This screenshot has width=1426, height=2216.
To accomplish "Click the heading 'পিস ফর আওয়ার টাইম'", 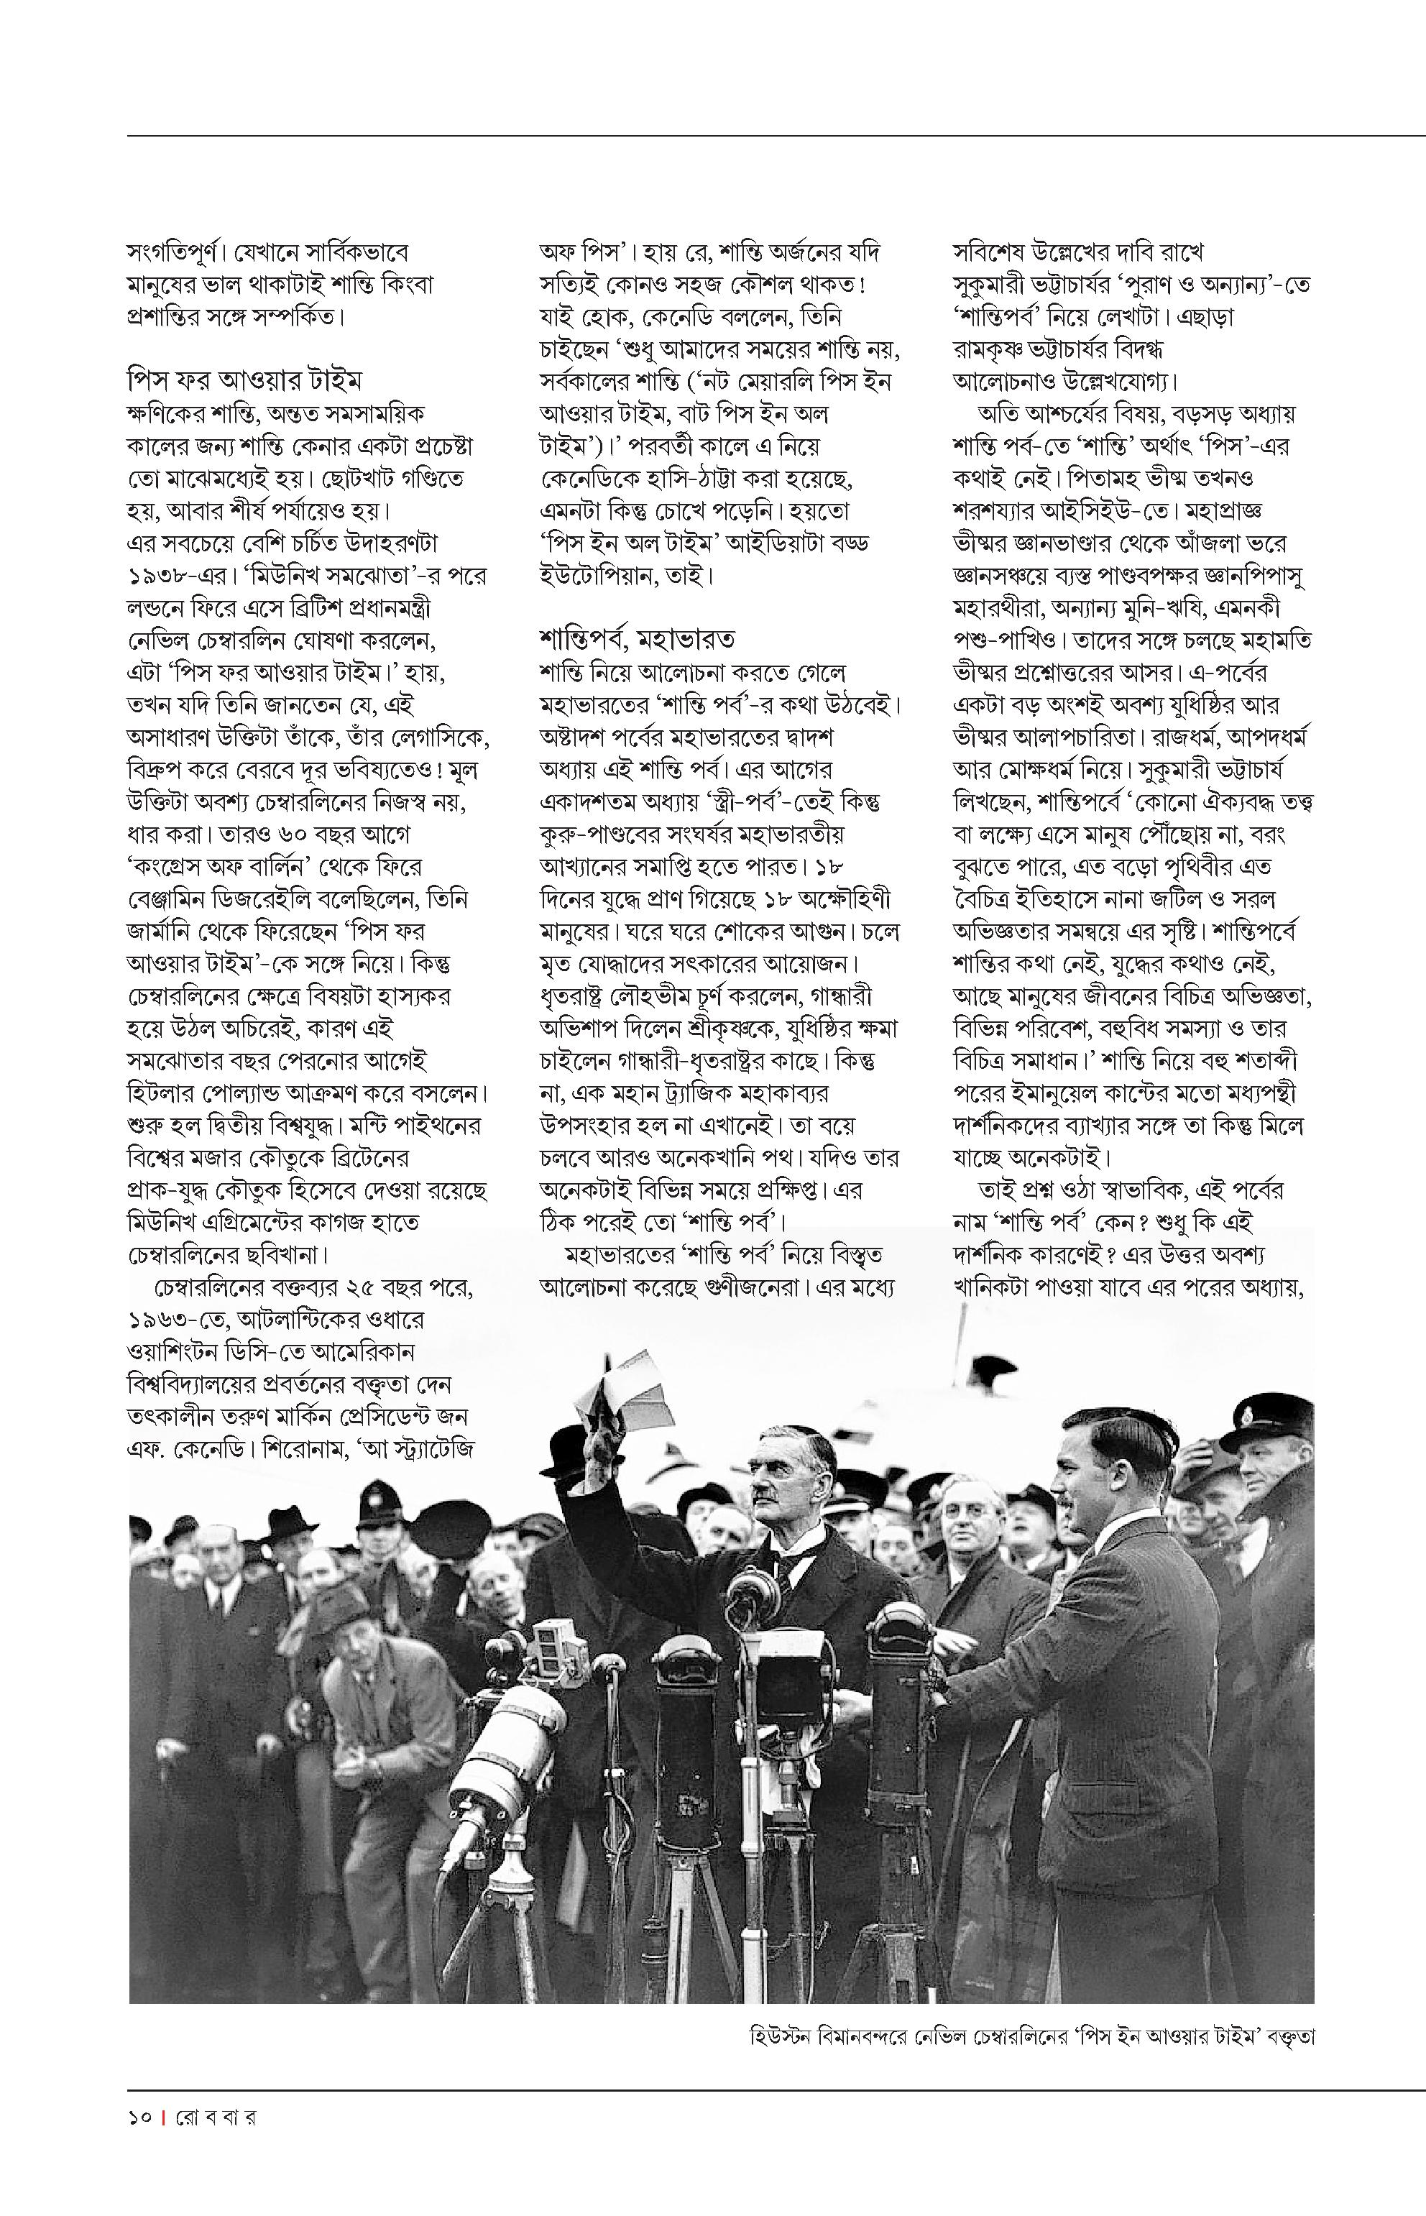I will tap(244, 380).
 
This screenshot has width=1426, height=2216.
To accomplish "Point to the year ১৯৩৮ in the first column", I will tap(158, 576).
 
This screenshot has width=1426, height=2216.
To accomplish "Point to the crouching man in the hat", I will tap(370, 1658).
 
